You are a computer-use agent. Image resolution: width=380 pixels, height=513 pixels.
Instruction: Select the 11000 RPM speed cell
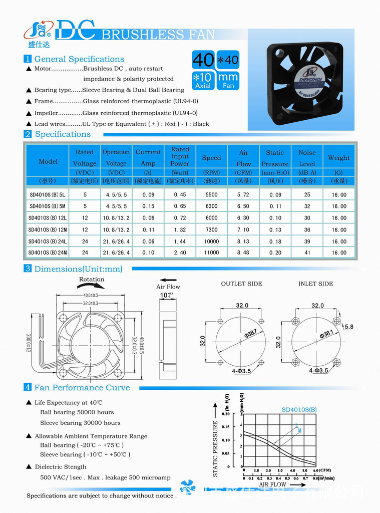pyautogui.click(x=211, y=253)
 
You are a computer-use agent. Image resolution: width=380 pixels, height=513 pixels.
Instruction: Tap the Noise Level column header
pyautogui.click(x=307, y=158)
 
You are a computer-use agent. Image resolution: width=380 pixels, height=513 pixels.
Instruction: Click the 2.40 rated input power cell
pyautogui.click(x=180, y=253)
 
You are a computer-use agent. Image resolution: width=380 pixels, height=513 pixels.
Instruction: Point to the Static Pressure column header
pyautogui.click(x=275, y=158)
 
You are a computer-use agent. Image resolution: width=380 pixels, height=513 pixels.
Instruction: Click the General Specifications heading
pyautogui.click(x=79, y=59)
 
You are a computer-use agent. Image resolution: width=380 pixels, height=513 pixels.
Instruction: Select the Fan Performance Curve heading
pyautogui.click(x=82, y=388)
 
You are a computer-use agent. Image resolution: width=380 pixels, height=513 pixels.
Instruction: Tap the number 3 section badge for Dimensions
pyautogui.click(x=28, y=269)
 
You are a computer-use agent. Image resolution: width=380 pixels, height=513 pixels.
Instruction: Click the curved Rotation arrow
pyautogui.click(x=91, y=286)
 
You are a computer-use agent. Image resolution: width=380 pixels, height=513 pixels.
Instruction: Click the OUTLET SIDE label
pyautogui.click(x=241, y=284)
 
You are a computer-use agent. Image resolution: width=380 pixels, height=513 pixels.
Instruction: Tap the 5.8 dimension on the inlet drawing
pyautogui.click(x=349, y=327)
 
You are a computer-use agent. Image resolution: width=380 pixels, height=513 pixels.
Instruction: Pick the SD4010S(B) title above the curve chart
pyautogui.click(x=299, y=410)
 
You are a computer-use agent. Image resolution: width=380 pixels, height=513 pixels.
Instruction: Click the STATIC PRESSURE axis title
pyautogui.click(x=216, y=448)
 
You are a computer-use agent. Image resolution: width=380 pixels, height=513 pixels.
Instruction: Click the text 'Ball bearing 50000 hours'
pyautogui.click(x=77, y=412)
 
